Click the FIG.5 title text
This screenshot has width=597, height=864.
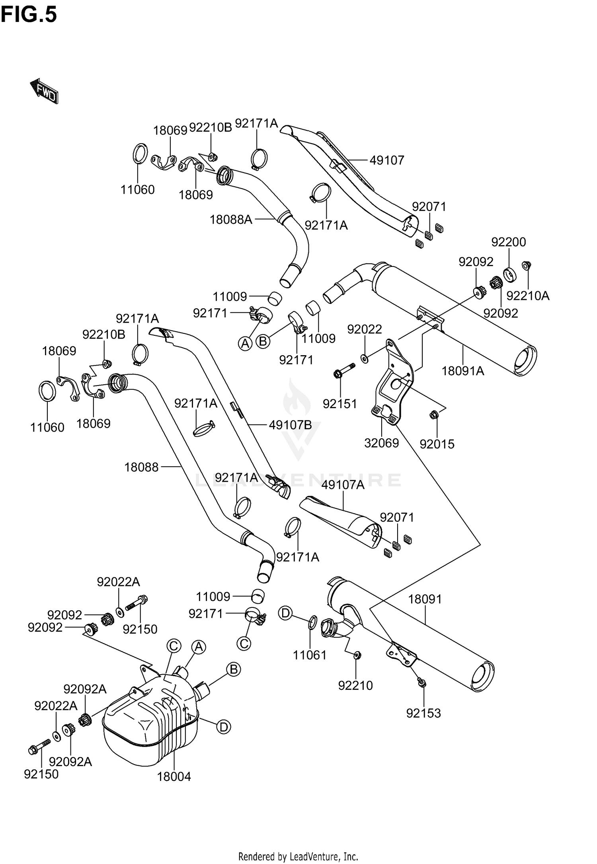click(x=29, y=15)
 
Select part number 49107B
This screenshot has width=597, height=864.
click(x=290, y=425)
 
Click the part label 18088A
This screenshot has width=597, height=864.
click(x=231, y=219)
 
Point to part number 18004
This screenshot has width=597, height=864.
click(x=174, y=776)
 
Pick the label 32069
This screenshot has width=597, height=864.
click(x=381, y=443)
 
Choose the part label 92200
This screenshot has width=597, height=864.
click(x=508, y=242)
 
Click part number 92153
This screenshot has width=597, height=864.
click(x=423, y=713)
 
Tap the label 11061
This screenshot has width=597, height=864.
click(x=310, y=655)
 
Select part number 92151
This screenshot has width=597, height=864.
click(x=340, y=404)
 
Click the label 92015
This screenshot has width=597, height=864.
click(x=437, y=444)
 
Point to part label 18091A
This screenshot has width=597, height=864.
click(x=462, y=371)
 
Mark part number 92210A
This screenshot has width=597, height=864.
click(x=528, y=296)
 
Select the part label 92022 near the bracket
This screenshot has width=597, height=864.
click(x=365, y=329)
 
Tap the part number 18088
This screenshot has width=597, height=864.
click(x=141, y=467)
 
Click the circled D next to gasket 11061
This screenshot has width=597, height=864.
click(x=285, y=613)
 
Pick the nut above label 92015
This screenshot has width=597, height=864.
click(x=435, y=415)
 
